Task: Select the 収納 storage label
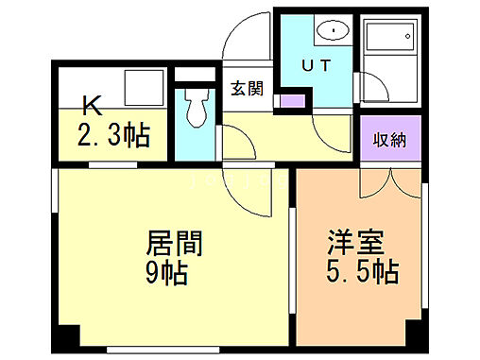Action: pyautogui.click(x=387, y=140)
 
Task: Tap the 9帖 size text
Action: pyautogui.click(x=166, y=273)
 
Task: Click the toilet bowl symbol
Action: pyautogui.click(x=197, y=111)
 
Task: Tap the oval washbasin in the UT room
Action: pyautogui.click(x=333, y=31)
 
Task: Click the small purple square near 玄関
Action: pyautogui.click(x=293, y=98)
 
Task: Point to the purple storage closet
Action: pyautogui.click(x=387, y=141)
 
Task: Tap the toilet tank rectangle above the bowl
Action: pyautogui.click(x=196, y=76)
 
